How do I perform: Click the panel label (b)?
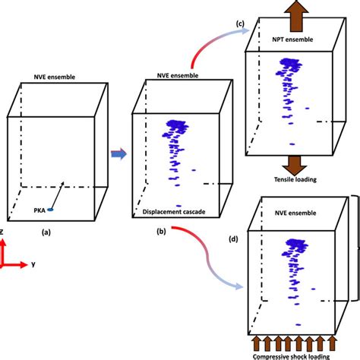click(162, 229)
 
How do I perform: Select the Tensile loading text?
click(290, 179)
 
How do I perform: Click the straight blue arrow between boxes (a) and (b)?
click(118, 154)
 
